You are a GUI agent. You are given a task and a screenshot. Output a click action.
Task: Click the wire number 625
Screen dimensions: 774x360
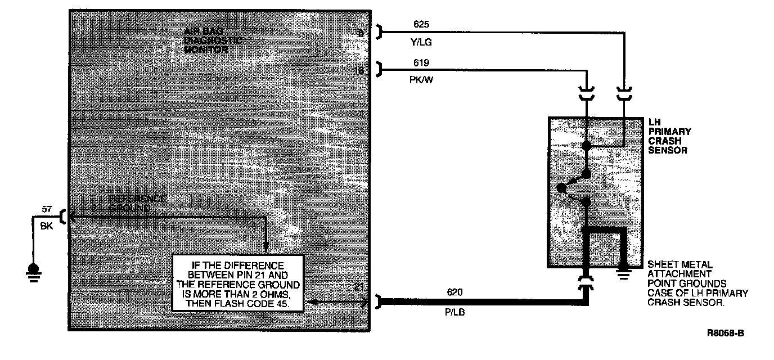click(421, 25)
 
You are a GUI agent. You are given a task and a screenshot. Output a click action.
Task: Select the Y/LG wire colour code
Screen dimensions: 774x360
click(422, 42)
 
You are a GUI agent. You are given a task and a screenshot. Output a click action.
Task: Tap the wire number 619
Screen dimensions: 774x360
click(421, 64)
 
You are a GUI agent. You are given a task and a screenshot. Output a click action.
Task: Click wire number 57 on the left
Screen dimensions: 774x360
click(47, 210)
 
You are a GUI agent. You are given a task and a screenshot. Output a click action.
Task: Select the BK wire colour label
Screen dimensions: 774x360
click(47, 226)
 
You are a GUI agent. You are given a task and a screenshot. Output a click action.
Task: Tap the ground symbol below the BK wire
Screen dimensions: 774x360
click(33, 271)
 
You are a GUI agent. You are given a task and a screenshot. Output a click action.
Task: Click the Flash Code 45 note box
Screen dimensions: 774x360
click(238, 282)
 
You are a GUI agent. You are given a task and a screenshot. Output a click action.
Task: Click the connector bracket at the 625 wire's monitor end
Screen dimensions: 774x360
click(380, 33)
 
